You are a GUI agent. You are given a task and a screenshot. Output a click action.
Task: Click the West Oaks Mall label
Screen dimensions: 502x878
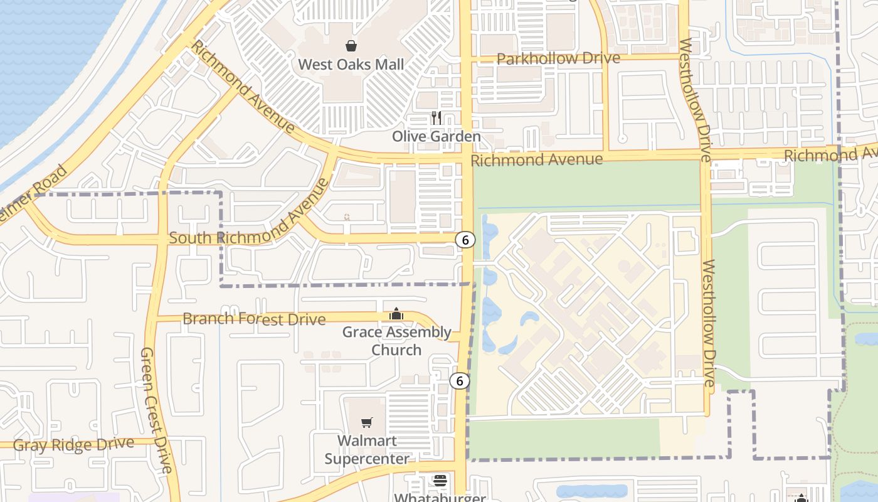351,64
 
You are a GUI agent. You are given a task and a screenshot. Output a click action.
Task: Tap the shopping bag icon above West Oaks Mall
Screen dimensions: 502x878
351,46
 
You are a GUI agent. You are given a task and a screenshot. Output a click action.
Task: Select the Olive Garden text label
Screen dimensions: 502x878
436,136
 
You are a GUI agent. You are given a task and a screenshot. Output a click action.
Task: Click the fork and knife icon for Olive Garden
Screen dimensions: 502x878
436,117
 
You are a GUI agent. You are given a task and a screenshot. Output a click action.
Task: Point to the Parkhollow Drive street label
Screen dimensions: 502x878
558,58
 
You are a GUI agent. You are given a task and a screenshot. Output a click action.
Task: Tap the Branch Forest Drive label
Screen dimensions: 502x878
254,319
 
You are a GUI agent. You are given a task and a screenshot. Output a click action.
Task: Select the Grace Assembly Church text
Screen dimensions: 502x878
396,341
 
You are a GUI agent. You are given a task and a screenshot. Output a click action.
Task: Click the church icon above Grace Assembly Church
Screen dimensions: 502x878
396,314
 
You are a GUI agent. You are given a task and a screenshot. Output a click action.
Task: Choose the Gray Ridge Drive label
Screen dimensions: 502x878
73,445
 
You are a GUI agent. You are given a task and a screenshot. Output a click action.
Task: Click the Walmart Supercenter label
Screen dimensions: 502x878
367,449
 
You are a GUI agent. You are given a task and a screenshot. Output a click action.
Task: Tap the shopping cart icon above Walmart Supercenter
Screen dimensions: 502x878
367,423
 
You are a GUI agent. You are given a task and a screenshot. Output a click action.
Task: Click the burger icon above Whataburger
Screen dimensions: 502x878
440,481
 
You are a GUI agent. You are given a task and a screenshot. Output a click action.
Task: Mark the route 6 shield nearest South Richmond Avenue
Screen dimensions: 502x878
465,240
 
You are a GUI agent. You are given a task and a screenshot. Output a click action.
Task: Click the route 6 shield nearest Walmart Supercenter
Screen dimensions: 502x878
460,381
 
